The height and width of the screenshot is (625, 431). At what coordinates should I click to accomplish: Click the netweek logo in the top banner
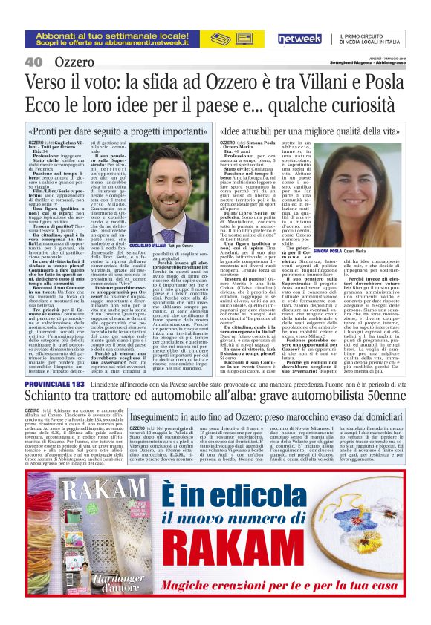click(x=299, y=36)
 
